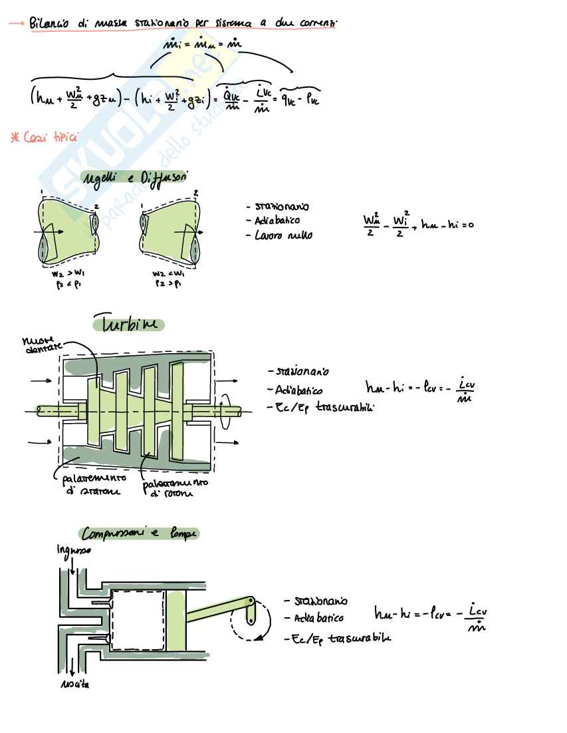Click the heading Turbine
coord(128,325)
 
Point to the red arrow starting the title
coord(17,24)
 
